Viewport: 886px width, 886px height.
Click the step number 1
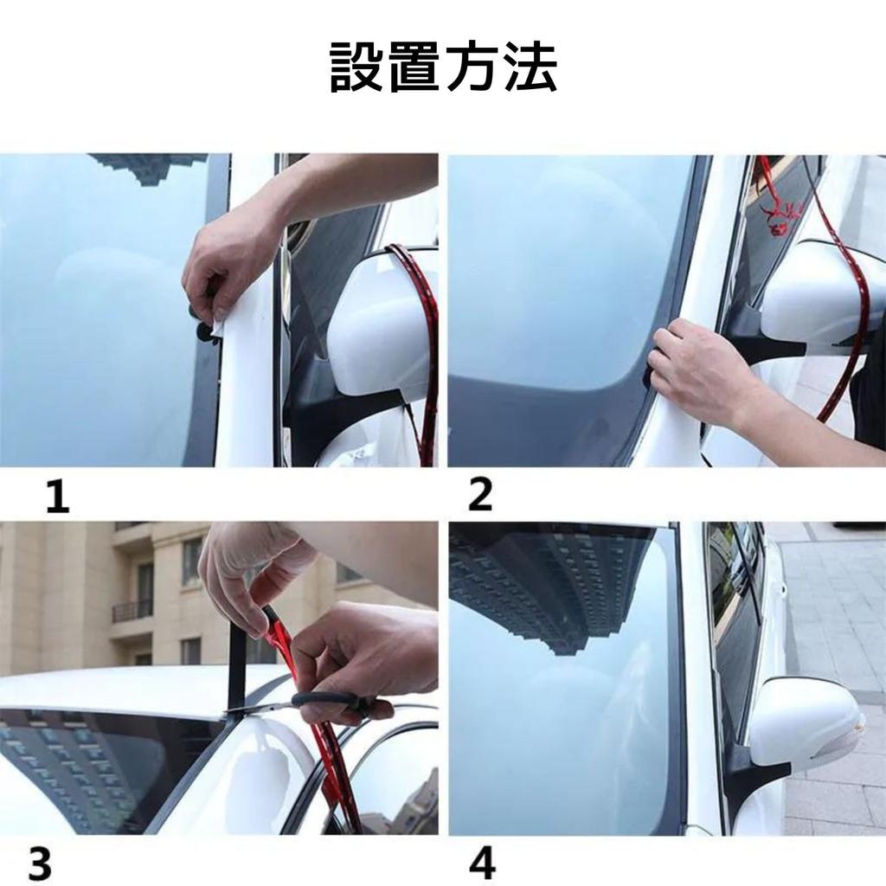click(57, 497)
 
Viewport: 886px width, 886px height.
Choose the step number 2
click(480, 495)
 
